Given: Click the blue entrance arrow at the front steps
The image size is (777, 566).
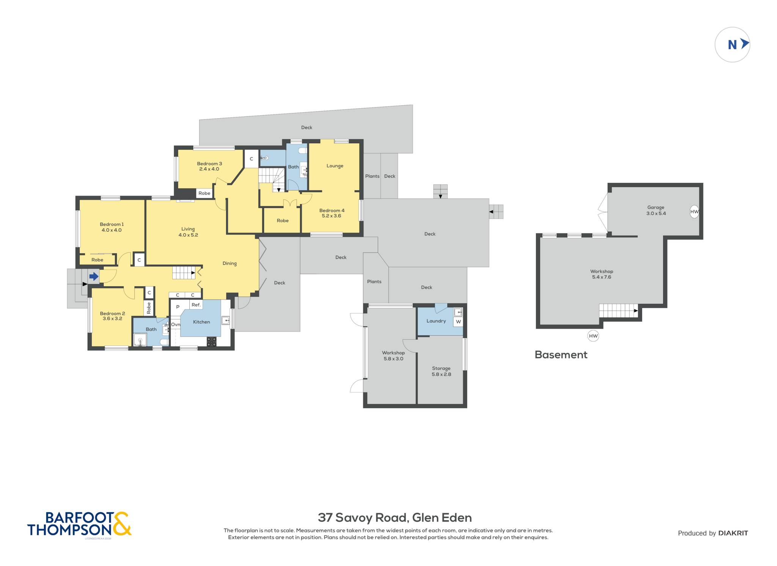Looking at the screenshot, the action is coord(94,277).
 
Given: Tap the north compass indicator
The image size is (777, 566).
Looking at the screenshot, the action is coord(732,45).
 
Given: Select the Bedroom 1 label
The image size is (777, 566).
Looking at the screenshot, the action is coord(112,224).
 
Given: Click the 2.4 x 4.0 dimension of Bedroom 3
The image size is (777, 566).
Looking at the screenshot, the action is coord(209,169).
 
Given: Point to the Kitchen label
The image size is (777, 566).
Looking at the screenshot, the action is coord(201,322).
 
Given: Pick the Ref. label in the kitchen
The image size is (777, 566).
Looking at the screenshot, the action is coord(196,305).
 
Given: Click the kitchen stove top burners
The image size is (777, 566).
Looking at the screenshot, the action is coord(211,341).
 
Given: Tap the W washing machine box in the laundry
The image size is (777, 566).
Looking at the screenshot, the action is coord(458,322).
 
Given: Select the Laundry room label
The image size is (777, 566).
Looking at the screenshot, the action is coord(436,321).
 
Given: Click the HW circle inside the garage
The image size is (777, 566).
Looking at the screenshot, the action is coord(694,212).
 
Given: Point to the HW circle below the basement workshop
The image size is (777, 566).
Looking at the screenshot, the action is coord(593,336).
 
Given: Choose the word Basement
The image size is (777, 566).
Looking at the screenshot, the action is coord(561,355).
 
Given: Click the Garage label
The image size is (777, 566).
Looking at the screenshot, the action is coord(656,207).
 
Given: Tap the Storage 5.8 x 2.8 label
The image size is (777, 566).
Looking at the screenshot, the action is coord(441,371).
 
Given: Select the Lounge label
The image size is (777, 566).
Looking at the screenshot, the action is coord(335,166).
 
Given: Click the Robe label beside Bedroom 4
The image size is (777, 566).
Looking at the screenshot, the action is coord(283,220).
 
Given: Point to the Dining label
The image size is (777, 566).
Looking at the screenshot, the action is coord(230,263).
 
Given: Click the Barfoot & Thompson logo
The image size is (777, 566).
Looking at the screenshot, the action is coord(79,524).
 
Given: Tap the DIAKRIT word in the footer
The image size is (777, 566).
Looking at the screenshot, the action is coord(733,533).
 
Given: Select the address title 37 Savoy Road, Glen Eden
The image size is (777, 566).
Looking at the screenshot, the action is coord(395,518).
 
